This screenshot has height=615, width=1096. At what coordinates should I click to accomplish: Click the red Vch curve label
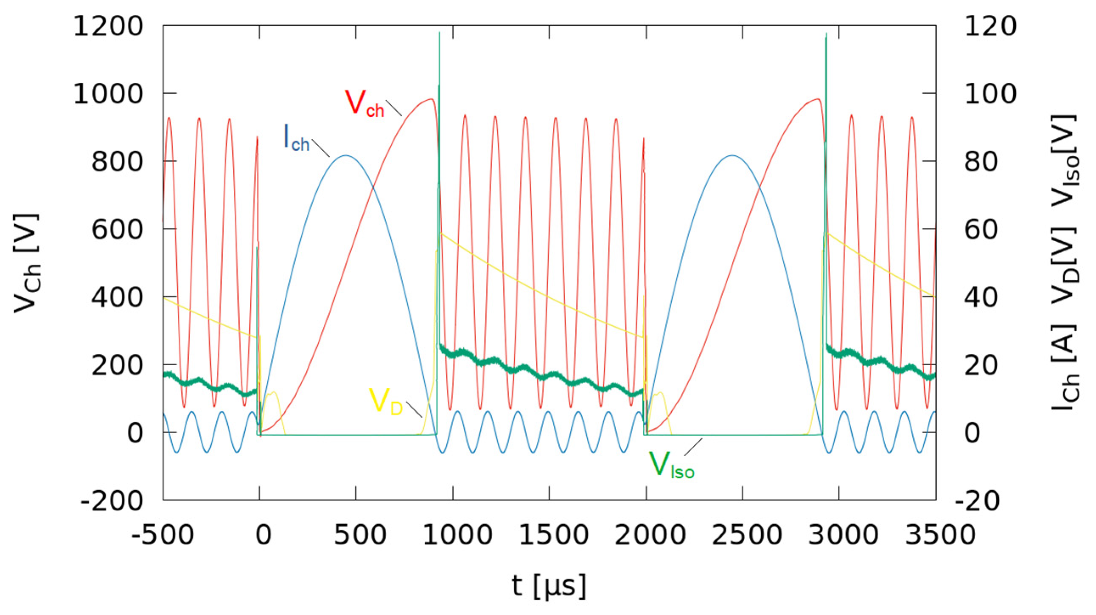click(364, 104)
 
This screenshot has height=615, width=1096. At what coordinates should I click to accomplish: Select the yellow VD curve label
click(385, 401)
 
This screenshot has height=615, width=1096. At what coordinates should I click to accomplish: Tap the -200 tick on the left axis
click(112, 501)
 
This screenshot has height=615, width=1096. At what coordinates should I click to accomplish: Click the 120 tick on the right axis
click(990, 26)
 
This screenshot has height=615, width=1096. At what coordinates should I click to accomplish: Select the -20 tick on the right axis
click(978, 501)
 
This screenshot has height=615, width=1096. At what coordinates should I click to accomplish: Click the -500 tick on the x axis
click(163, 535)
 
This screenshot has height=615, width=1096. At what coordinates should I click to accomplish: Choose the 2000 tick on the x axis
click(646, 535)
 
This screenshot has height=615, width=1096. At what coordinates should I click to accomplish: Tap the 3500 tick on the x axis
click(936, 535)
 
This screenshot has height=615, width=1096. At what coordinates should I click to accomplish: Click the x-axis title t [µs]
click(549, 586)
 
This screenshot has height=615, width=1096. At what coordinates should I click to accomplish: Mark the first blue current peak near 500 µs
click(345, 155)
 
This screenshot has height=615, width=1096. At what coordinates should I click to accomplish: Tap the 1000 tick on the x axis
click(453, 535)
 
